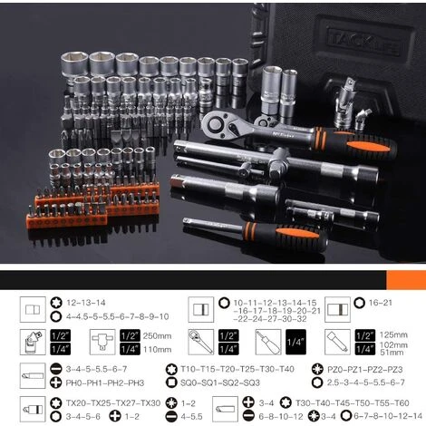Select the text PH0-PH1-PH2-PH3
click(93, 382)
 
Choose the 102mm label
click(391, 344)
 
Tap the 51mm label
click(389, 354)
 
